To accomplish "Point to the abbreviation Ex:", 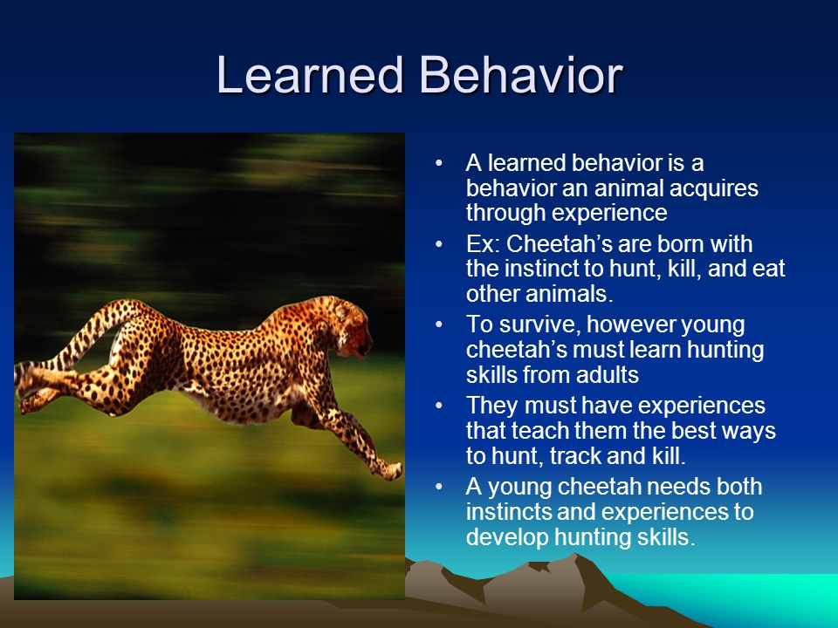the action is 483,244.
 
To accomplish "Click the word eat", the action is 768,269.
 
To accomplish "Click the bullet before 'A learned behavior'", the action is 439,163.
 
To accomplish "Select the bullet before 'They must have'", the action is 439,406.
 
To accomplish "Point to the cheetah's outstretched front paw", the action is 392,470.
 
